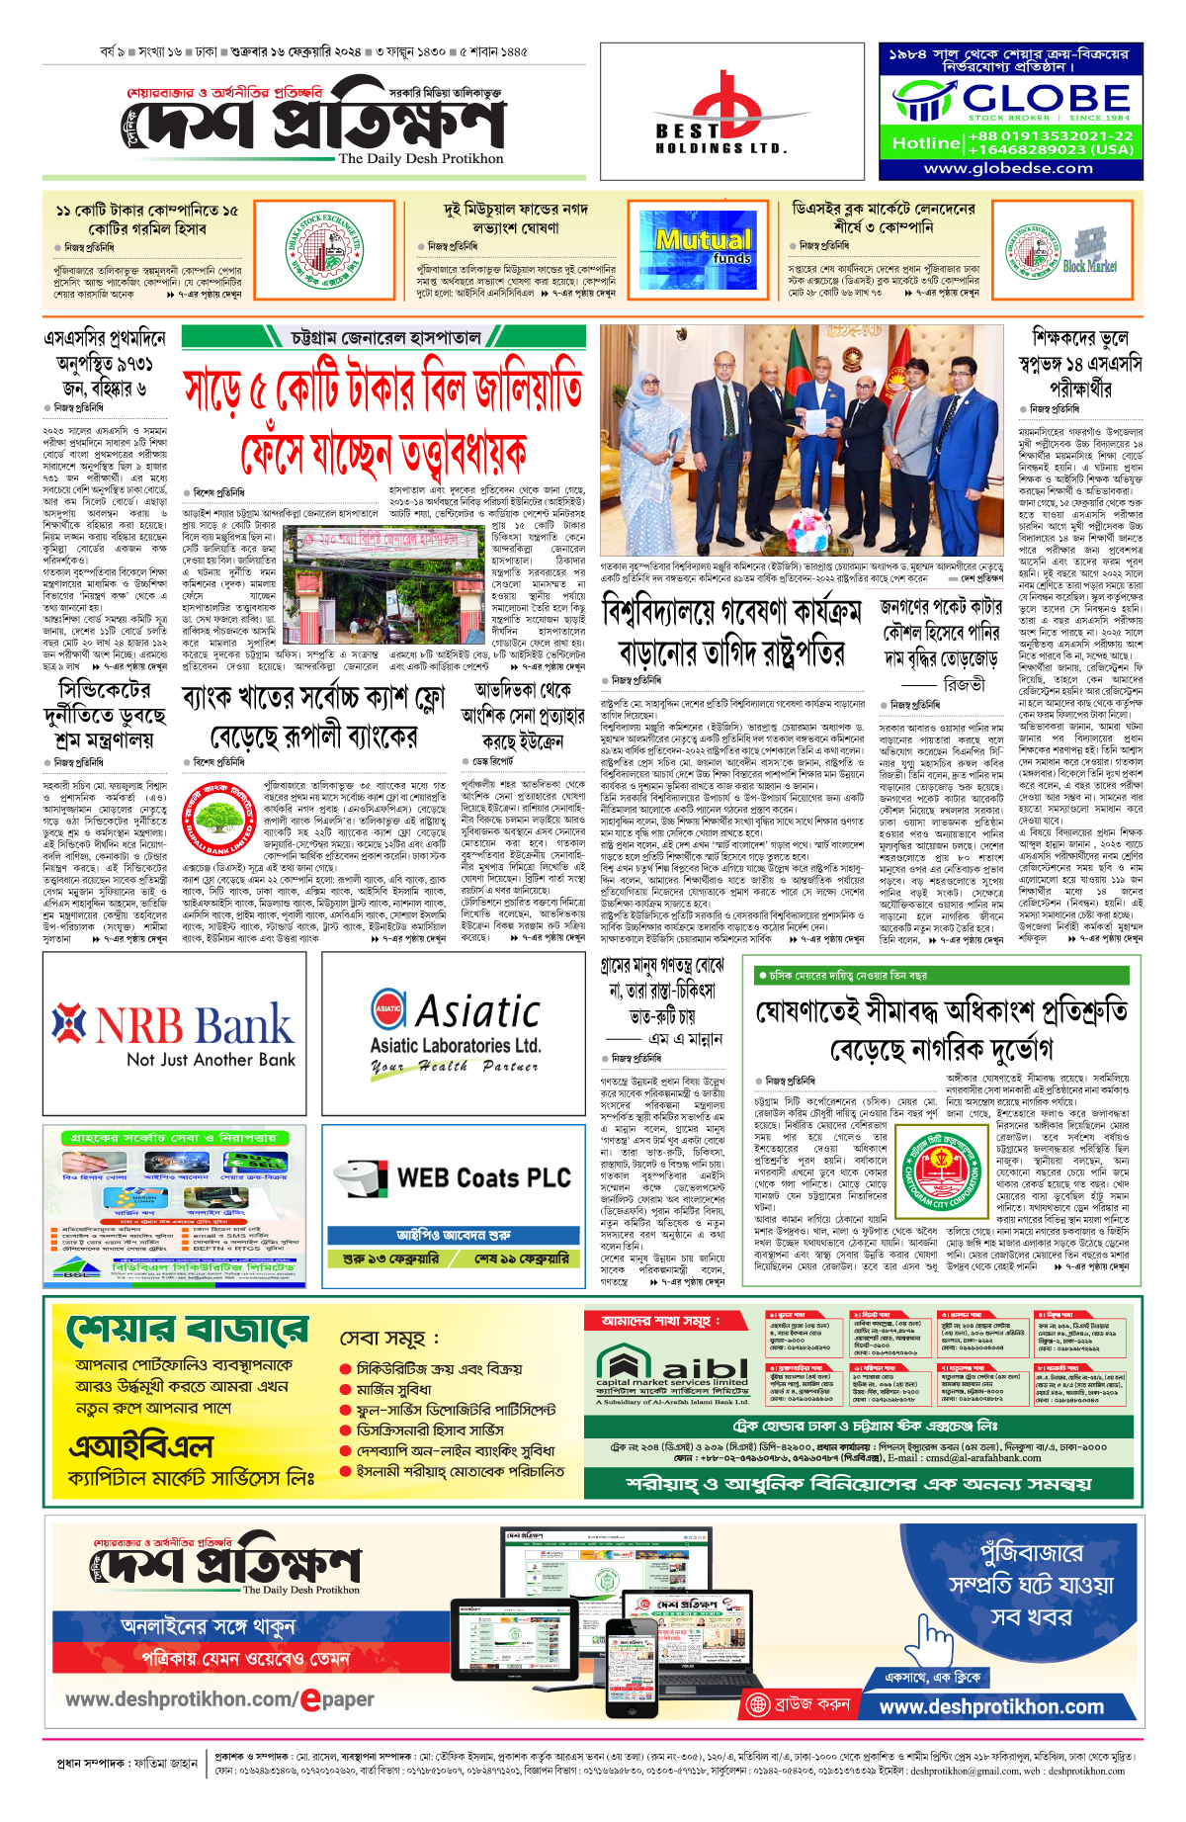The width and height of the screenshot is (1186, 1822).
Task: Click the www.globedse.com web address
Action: click(1008, 168)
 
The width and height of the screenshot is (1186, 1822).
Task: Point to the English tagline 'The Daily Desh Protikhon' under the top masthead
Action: click(420, 158)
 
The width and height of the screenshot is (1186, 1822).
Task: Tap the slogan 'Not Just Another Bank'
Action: click(211, 1060)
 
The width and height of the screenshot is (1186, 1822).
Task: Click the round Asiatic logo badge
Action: click(388, 1008)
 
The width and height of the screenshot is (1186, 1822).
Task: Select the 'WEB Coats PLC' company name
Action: click(483, 1177)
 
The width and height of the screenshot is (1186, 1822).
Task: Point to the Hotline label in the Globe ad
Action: click(925, 143)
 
